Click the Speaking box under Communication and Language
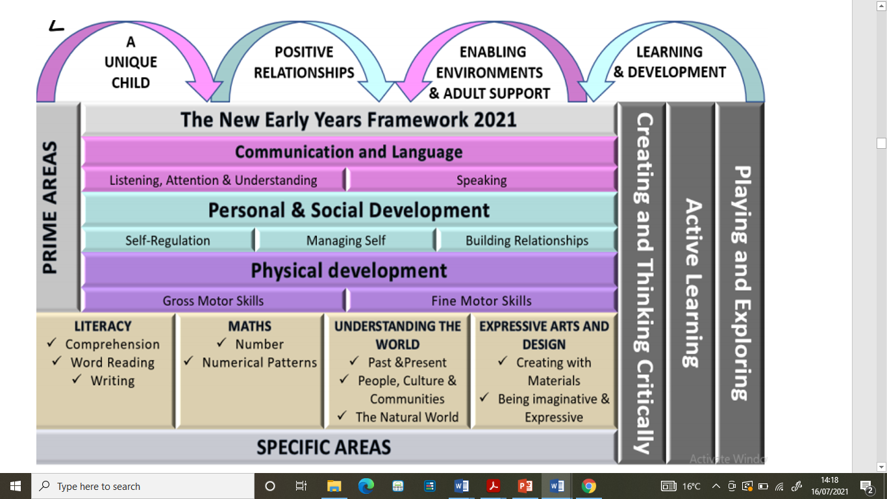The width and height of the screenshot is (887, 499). tap(482, 181)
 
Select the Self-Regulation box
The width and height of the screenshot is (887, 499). tap(168, 240)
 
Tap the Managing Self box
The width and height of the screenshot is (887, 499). tap(345, 240)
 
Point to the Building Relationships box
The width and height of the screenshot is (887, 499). tap(527, 240)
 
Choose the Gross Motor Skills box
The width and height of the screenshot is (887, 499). tap(213, 300)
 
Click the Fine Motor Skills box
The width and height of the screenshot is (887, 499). tap(482, 300)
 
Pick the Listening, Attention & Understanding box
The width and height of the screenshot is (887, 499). tap(213, 181)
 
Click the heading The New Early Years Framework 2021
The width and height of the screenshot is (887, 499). tap(349, 120)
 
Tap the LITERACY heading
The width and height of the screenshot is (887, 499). tap(103, 326)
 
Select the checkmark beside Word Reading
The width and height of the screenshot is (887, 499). tap(57, 361)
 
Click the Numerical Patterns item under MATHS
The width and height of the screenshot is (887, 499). tap(259, 363)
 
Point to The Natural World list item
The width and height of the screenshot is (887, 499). tap(407, 417)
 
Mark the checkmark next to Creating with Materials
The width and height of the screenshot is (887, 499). tap(503, 361)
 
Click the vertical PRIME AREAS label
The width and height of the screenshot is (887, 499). tap(50, 207)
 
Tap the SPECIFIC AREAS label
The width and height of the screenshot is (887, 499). tap(323, 447)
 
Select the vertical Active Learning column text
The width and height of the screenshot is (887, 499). tap(692, 283)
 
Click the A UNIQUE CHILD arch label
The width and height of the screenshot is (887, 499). tap(131, 62)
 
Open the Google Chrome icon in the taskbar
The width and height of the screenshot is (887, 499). tap(588, 486)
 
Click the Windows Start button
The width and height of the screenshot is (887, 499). tap(16, 486)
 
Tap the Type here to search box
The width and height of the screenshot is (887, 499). tap(143, 486)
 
